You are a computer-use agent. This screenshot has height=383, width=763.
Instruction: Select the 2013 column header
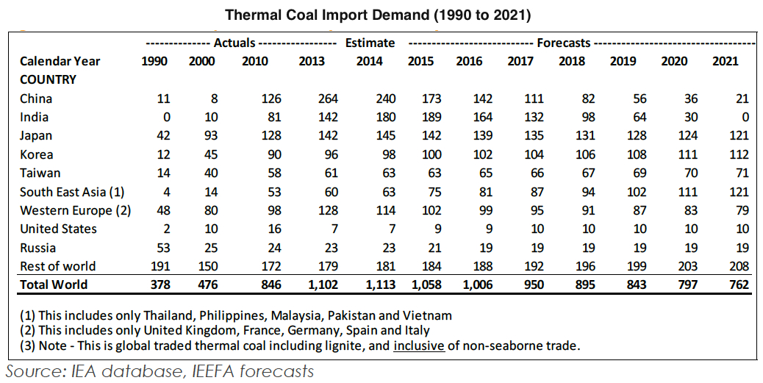point(312,61)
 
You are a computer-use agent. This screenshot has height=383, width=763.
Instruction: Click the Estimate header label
point(370,43)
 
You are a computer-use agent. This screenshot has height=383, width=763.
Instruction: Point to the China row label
point(36,99)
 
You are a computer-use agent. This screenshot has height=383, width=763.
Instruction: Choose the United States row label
point(58,229)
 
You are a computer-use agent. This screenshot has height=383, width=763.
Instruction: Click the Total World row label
point(54,284)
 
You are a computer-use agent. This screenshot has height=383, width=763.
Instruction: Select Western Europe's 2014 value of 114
point(373,210)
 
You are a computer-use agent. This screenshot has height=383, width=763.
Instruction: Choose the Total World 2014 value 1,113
point(368,284)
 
